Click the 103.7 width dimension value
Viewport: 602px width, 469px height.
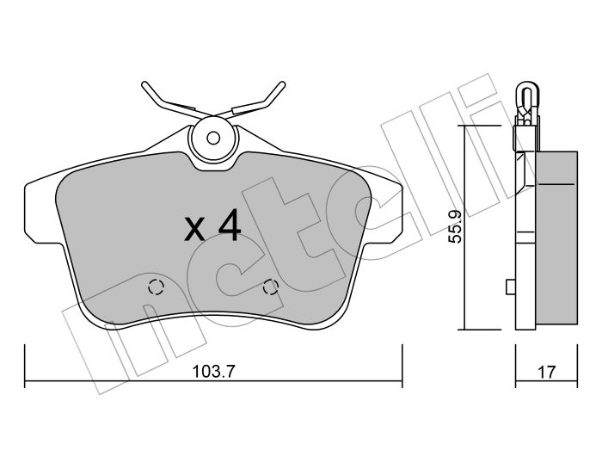coord(213,372)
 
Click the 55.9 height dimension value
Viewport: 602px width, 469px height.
coord(456,226)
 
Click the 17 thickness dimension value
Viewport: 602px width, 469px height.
coord(546,372)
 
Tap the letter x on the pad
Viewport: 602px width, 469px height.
coord(194,229)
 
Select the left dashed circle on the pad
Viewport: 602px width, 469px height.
coord(157,287)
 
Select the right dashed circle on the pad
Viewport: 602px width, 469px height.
coord(271,287)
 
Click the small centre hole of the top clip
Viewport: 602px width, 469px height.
coord(213,138)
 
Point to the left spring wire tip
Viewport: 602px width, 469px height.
coord(144,84)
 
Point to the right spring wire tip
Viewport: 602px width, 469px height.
coord(283,84)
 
